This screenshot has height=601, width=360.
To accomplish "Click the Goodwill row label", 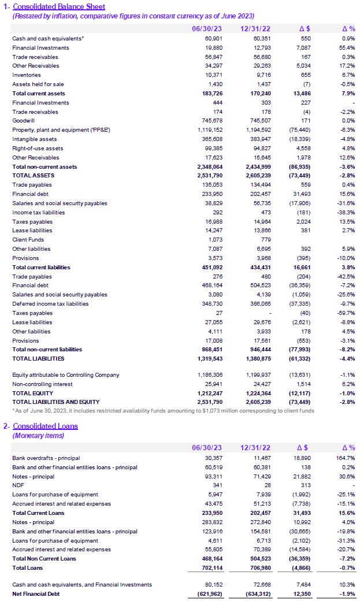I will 23,121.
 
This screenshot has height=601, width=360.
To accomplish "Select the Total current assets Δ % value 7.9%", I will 348,94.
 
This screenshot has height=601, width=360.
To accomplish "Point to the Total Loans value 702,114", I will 209,568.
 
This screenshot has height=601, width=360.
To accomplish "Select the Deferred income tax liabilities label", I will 50,304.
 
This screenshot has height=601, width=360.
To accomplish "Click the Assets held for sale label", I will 38,84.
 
